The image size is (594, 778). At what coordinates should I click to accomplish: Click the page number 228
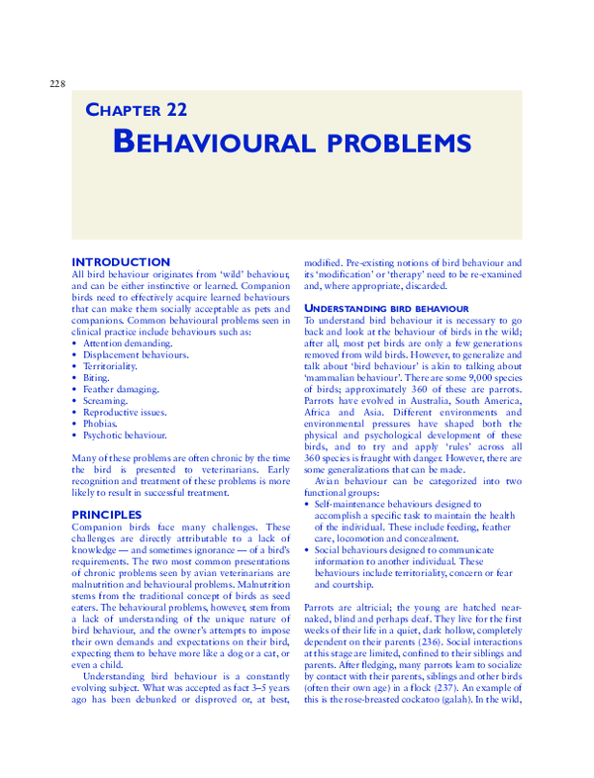[x=56, y=83]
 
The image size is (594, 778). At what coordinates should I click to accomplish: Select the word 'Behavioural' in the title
[x=211, y=142]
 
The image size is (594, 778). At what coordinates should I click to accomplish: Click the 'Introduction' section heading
[x=121, y=261]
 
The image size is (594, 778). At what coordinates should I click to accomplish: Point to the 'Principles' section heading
[x=107, y=514]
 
